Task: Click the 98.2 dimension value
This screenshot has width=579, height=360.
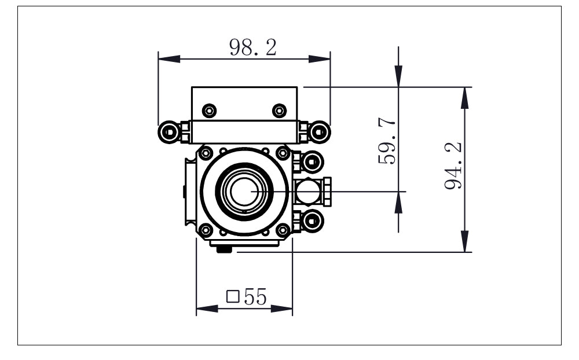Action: pos(252,47)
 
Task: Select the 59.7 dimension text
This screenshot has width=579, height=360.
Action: pos(387,141)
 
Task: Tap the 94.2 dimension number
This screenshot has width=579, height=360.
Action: pos(453,167)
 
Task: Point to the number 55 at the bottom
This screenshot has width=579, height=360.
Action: pos(255,297)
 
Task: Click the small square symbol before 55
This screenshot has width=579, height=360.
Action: pos(233,297)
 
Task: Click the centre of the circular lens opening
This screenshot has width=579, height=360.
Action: pos(244,191)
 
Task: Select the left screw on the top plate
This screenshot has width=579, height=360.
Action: pos(209,110)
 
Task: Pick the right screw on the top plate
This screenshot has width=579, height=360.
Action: pos(279,110)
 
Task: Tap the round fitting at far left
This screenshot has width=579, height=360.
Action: pos(168,133)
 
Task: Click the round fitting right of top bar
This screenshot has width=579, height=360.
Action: pos(320,133)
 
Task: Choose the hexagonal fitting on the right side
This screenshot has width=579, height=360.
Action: pos(312,191)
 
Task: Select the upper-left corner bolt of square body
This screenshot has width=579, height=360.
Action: pos(206,153)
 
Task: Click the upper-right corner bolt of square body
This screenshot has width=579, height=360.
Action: pos(283,153)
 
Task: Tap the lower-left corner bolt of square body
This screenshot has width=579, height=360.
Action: pos(206,230)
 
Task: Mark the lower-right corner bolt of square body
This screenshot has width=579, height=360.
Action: pos(283,230)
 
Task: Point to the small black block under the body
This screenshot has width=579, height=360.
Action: pos(224,249)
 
